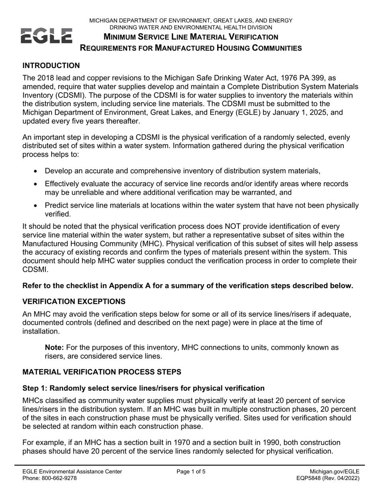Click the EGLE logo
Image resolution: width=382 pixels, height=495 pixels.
(47, 36)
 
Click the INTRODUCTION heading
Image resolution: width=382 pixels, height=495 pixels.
(51, 66)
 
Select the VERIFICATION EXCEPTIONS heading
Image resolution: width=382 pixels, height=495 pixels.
(74, 301)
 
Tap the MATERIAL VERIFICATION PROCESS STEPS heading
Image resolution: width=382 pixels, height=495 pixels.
(102, 372)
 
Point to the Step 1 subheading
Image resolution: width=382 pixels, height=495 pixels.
(144, 388)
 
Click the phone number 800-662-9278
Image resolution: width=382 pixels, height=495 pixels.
(60, 479)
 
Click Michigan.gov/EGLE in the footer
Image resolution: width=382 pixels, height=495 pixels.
(335, 472)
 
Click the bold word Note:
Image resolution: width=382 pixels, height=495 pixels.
(54, 347)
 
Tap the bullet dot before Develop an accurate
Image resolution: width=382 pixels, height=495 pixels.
(37, 171)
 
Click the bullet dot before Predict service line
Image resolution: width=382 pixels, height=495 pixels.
(37, 206)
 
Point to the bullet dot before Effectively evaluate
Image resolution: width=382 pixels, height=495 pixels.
(37, 184)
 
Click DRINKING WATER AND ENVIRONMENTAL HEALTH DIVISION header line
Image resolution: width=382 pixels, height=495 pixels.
(191, 27)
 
